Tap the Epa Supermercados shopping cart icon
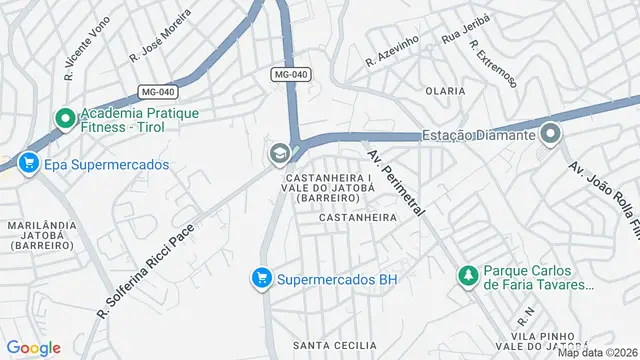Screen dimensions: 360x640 point(27,163)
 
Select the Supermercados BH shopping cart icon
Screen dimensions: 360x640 point(262,279)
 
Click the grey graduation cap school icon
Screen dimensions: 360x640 point(277,154)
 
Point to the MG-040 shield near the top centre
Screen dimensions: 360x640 point(291,75)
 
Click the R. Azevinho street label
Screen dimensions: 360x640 point(392,52)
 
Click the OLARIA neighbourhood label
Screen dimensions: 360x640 point(445,90)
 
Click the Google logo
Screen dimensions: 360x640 point(34,347)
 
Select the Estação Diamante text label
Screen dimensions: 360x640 point(478,135)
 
